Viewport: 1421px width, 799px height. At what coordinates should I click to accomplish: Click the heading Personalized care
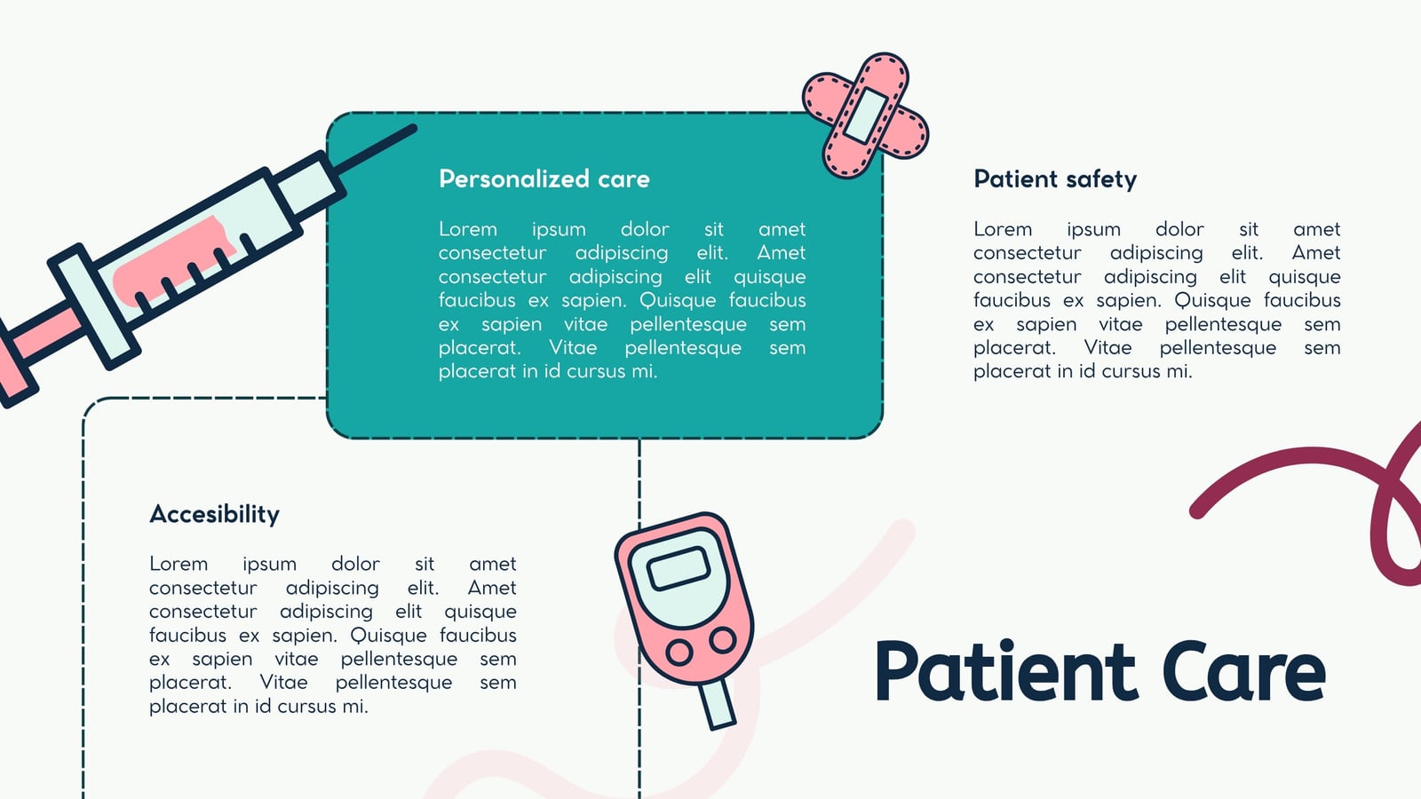click(x=544, y=178)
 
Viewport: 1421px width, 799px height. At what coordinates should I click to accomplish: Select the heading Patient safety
click(x=1055, y=178)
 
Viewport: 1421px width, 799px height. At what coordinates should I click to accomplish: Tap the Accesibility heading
click(x=214, y=514)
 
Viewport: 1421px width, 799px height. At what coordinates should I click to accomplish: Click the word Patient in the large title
click(x=1004, y=671)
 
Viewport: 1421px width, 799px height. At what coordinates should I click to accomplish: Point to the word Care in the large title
click(x=1244, y=671)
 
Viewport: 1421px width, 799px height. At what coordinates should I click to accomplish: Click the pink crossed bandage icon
click(x=866, y=115)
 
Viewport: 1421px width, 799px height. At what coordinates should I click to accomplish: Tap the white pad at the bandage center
click(x=866, y=115)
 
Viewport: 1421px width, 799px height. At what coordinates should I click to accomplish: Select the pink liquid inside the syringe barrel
click(x=172, y=261)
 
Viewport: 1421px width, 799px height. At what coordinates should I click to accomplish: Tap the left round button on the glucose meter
click(x=679, y=652)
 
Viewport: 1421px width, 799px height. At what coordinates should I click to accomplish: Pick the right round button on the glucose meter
click(x=723, y=640)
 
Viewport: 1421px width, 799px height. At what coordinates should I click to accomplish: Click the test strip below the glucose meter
click(x=718, y=704)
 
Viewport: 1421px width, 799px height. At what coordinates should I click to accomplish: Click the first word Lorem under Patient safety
click(x=1003, y=229)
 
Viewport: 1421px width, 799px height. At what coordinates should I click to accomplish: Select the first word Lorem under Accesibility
click(x=179, y=564)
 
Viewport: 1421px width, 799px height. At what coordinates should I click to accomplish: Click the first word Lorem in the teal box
click(x=467, y=229)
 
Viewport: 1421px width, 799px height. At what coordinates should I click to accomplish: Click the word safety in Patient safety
click(x=1101, y=178)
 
